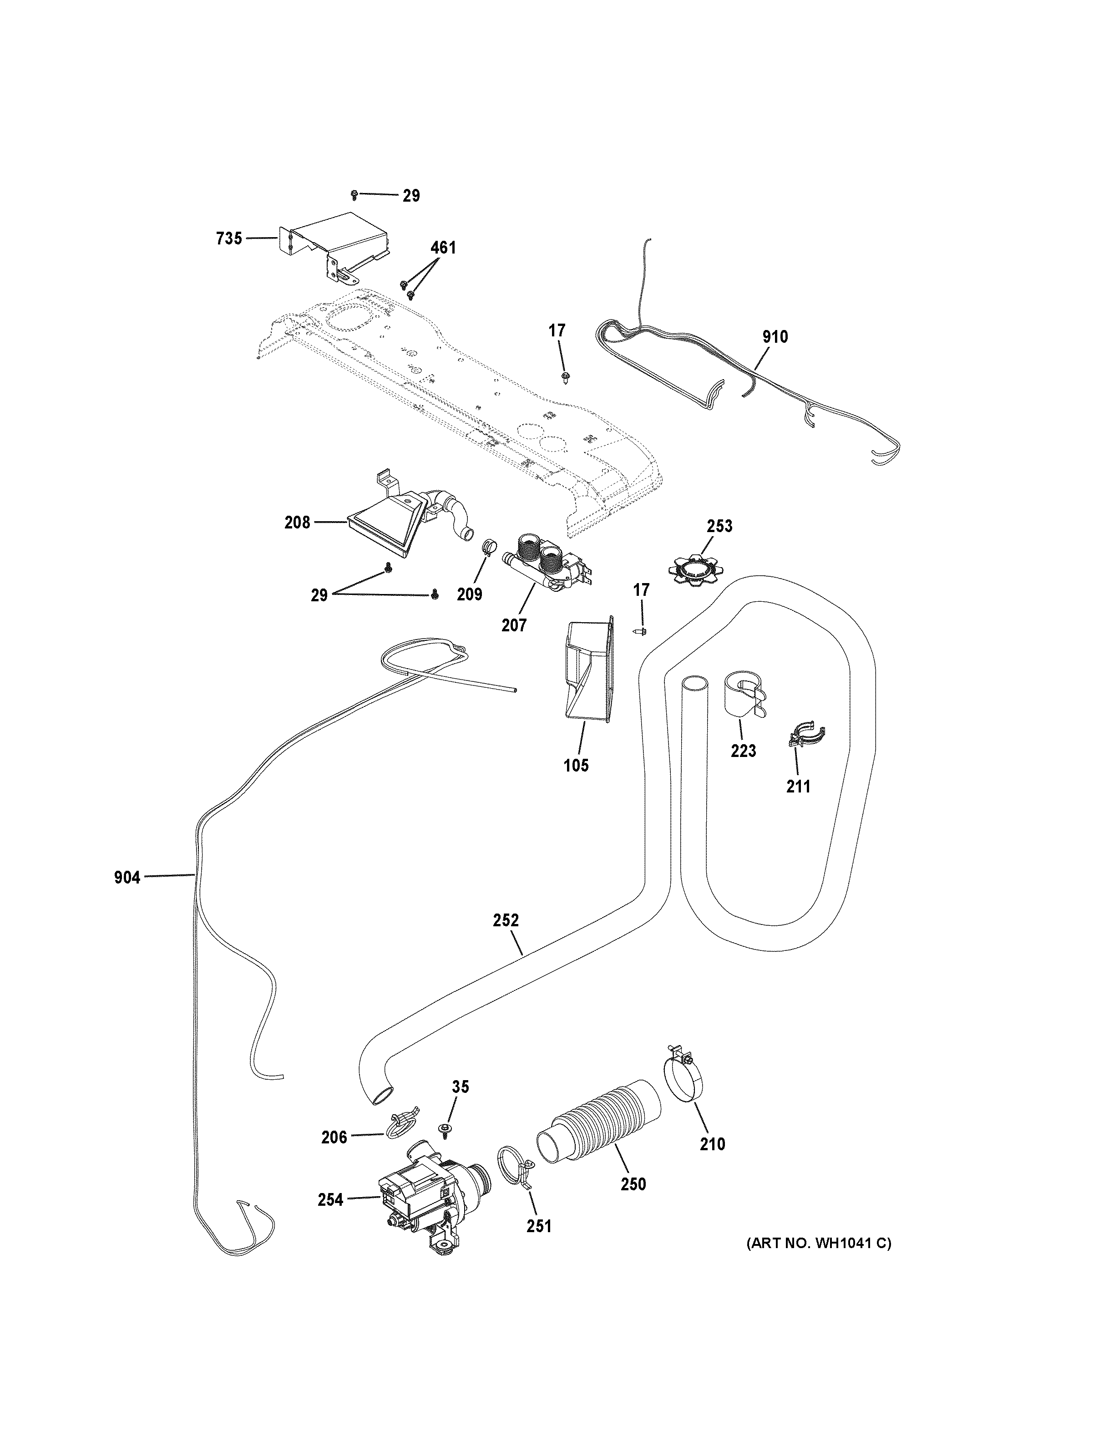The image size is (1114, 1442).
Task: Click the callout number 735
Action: pyautogui.click(x=229, y=239)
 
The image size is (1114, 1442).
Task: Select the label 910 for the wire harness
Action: pyautogui.click(x=775, y=337)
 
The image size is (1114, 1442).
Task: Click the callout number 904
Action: pyautogui.click(x=127, y=878)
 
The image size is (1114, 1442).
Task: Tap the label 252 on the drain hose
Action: pyautogui.click(x=506, y=920)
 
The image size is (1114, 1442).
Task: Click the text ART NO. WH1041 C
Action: pyautogui.click(x=818, y=1243)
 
